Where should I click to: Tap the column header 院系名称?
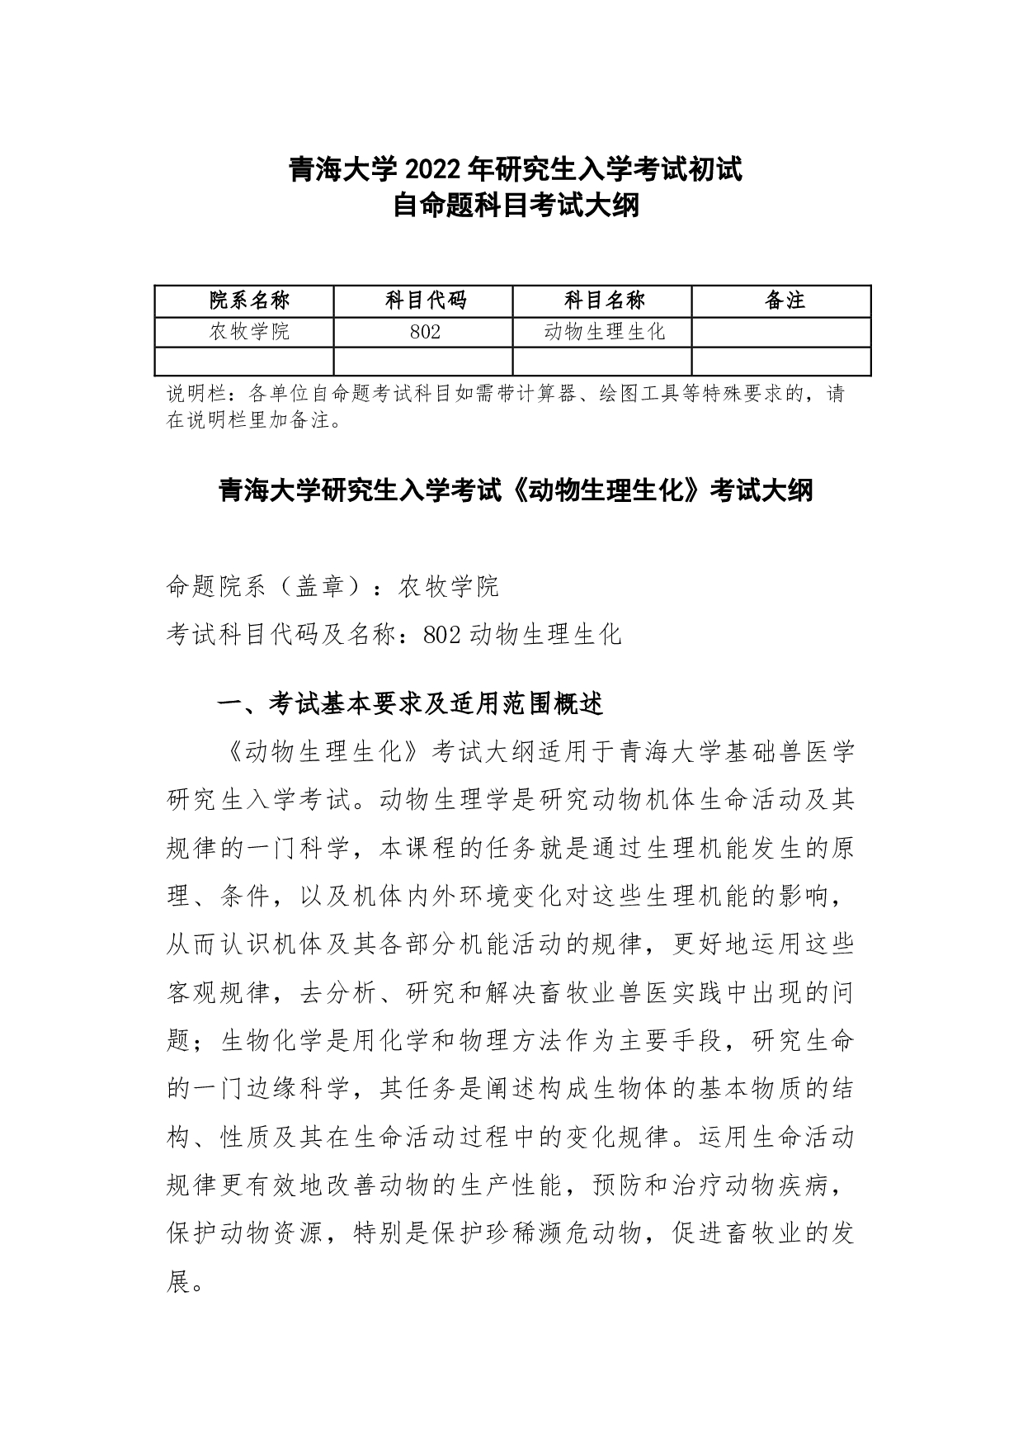point(245,300)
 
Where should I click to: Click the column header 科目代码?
point(424,300)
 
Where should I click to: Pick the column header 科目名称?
point(603,300)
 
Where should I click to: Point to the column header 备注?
point(783,300)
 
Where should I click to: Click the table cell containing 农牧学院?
point(245,332)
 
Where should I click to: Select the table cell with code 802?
point(424,332)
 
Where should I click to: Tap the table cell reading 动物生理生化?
point(603,332)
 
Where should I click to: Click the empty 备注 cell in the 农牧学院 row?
point(782,332)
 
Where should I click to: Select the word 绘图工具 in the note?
point(639,394)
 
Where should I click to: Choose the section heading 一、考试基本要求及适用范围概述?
point(410,704)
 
